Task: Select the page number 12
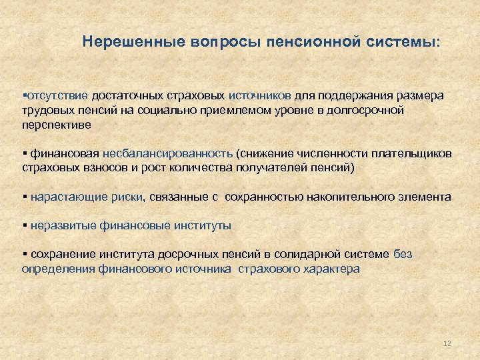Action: coord(447,343)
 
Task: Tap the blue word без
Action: coord(403,255)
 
